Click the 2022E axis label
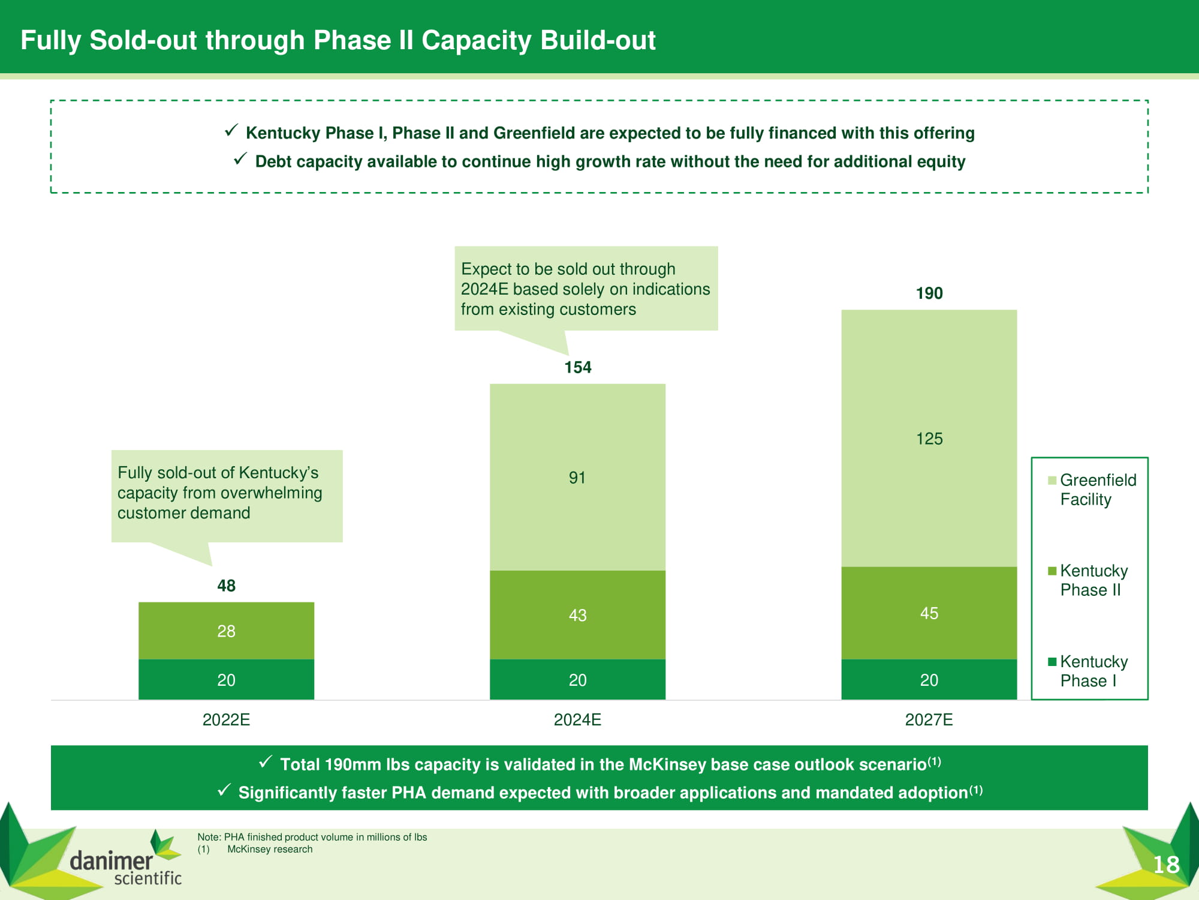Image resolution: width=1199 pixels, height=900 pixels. [226, 719]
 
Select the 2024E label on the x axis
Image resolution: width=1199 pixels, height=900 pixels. [577, 719]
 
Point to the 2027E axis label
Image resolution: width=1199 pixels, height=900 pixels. [929, 719]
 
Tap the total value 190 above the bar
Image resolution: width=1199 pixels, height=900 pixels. [929, 293]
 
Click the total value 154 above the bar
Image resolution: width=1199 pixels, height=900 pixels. [578, 367]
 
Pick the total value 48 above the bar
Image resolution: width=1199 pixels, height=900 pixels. [226, 586]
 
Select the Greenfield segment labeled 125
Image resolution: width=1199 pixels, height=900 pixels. [929, 439]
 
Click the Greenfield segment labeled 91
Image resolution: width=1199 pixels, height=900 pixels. [577, 478]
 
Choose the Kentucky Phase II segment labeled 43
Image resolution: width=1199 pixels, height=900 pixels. [577, 615]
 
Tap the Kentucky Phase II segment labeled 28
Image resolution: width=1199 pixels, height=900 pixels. [226, 631]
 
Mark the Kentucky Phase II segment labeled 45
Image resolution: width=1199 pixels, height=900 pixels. [929, 613]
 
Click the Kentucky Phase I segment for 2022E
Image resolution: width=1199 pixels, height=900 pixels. [226, 680]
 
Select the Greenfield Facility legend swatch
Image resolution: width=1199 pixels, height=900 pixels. [1052, 480]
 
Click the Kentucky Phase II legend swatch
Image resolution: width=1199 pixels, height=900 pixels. [1052, 571]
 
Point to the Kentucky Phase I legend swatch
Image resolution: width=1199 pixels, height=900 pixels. [1052, 662]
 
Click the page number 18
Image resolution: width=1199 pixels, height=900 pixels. [1166, 865]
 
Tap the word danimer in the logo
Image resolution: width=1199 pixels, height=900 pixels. [111, 861]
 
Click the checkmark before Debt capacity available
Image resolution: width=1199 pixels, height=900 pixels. [240, 159]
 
